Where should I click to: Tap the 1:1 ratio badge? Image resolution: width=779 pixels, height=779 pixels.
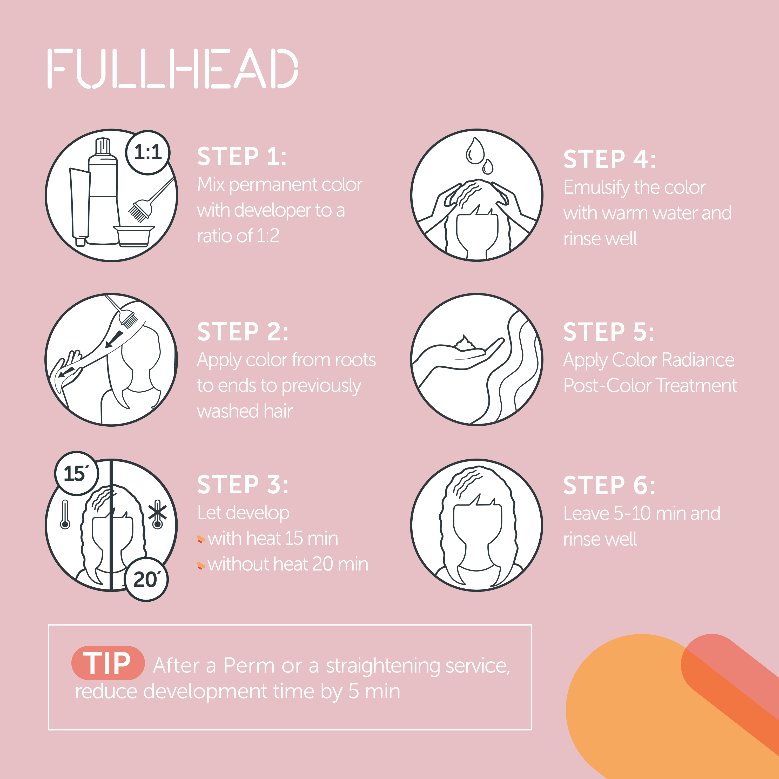[148, 152]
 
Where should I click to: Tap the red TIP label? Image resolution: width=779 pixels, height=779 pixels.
[108, 663]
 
